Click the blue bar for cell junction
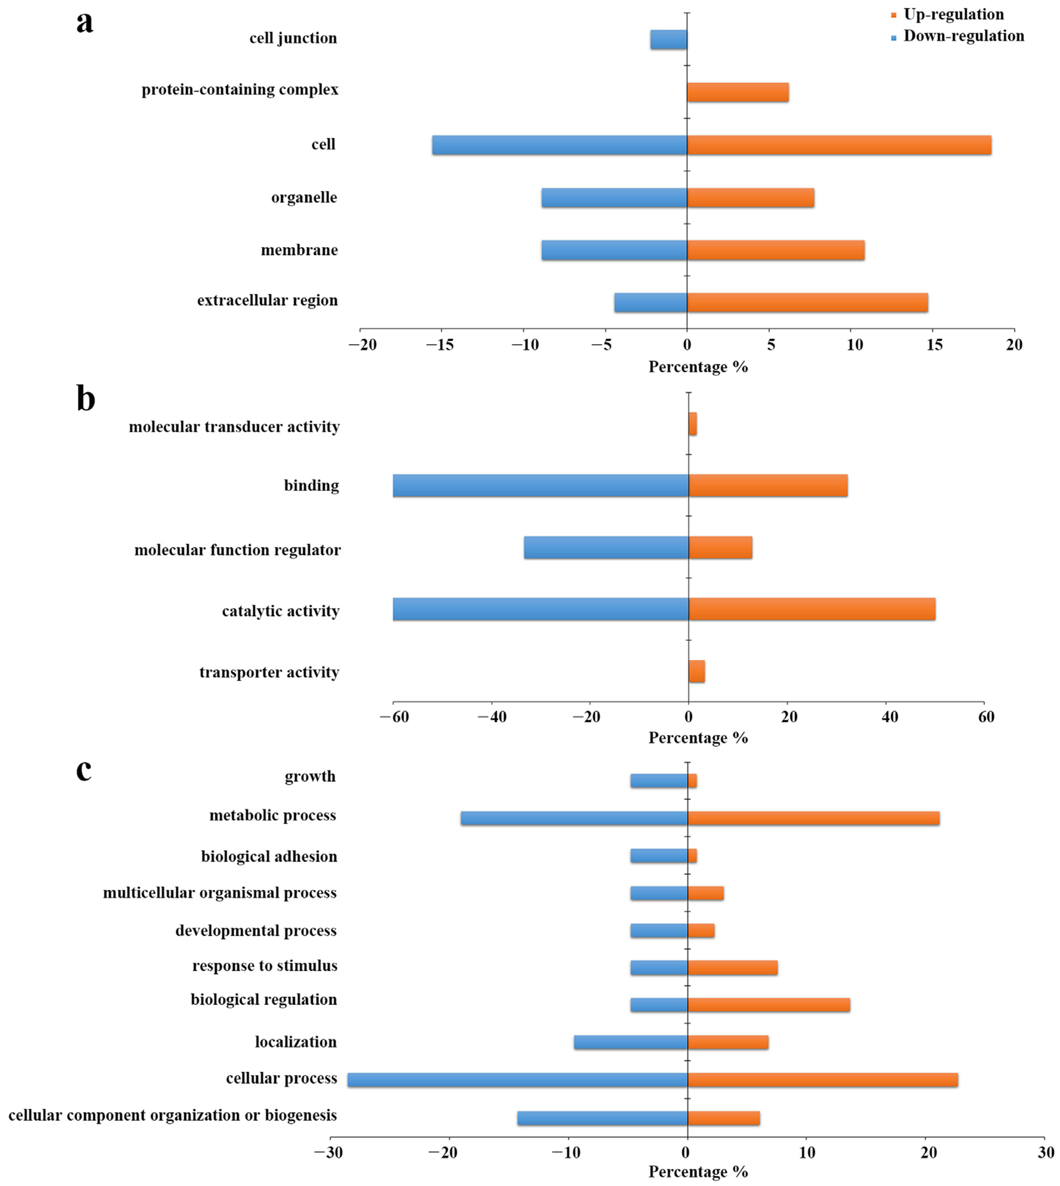(669, 40)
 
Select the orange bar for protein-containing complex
(738, 92)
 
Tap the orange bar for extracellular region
(807, 302)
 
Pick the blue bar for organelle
(614, 198)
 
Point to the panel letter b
(86, 399)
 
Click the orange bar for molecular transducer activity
(692, 424)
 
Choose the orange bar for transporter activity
(697, 671)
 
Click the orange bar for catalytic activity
(812, 609)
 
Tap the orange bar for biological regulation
(769, 1005)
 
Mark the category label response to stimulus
(265, 966)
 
